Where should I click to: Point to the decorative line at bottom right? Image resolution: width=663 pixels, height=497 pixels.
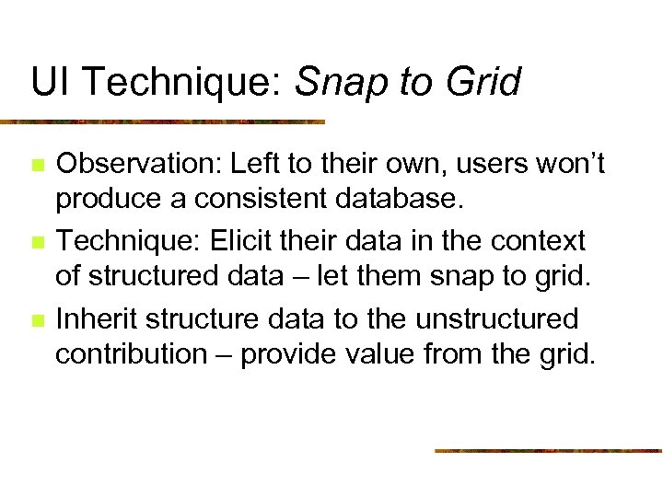click(x=548, y=450)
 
